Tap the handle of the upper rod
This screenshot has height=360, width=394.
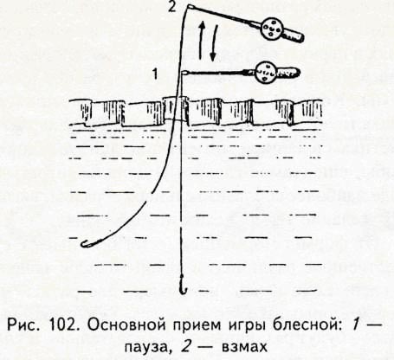tap(293, 36)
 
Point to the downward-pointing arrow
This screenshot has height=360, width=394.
tap(214, 42)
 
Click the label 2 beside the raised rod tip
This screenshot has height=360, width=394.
tap(172, 6)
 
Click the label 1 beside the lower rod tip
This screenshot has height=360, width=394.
tap(155, 74)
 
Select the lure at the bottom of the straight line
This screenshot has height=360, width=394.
tap(182, 285)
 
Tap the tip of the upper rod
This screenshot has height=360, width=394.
tap(188, 6)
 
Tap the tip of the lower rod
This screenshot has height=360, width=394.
tap(183, 73)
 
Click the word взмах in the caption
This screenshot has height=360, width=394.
tap(244, 348)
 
